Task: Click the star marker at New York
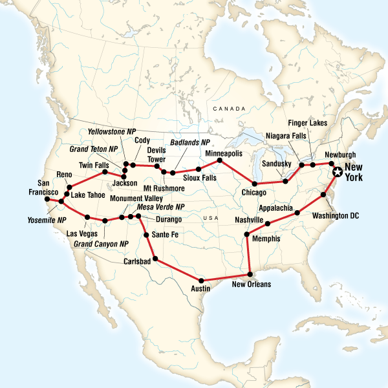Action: (x=336, y=172)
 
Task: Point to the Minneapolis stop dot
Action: (x=219, y=160)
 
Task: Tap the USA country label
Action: (x=209, y=219)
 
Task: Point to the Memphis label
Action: (x=267, y=239)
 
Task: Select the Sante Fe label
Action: (x=164, y=235)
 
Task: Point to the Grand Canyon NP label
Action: (x=101, y=244)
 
